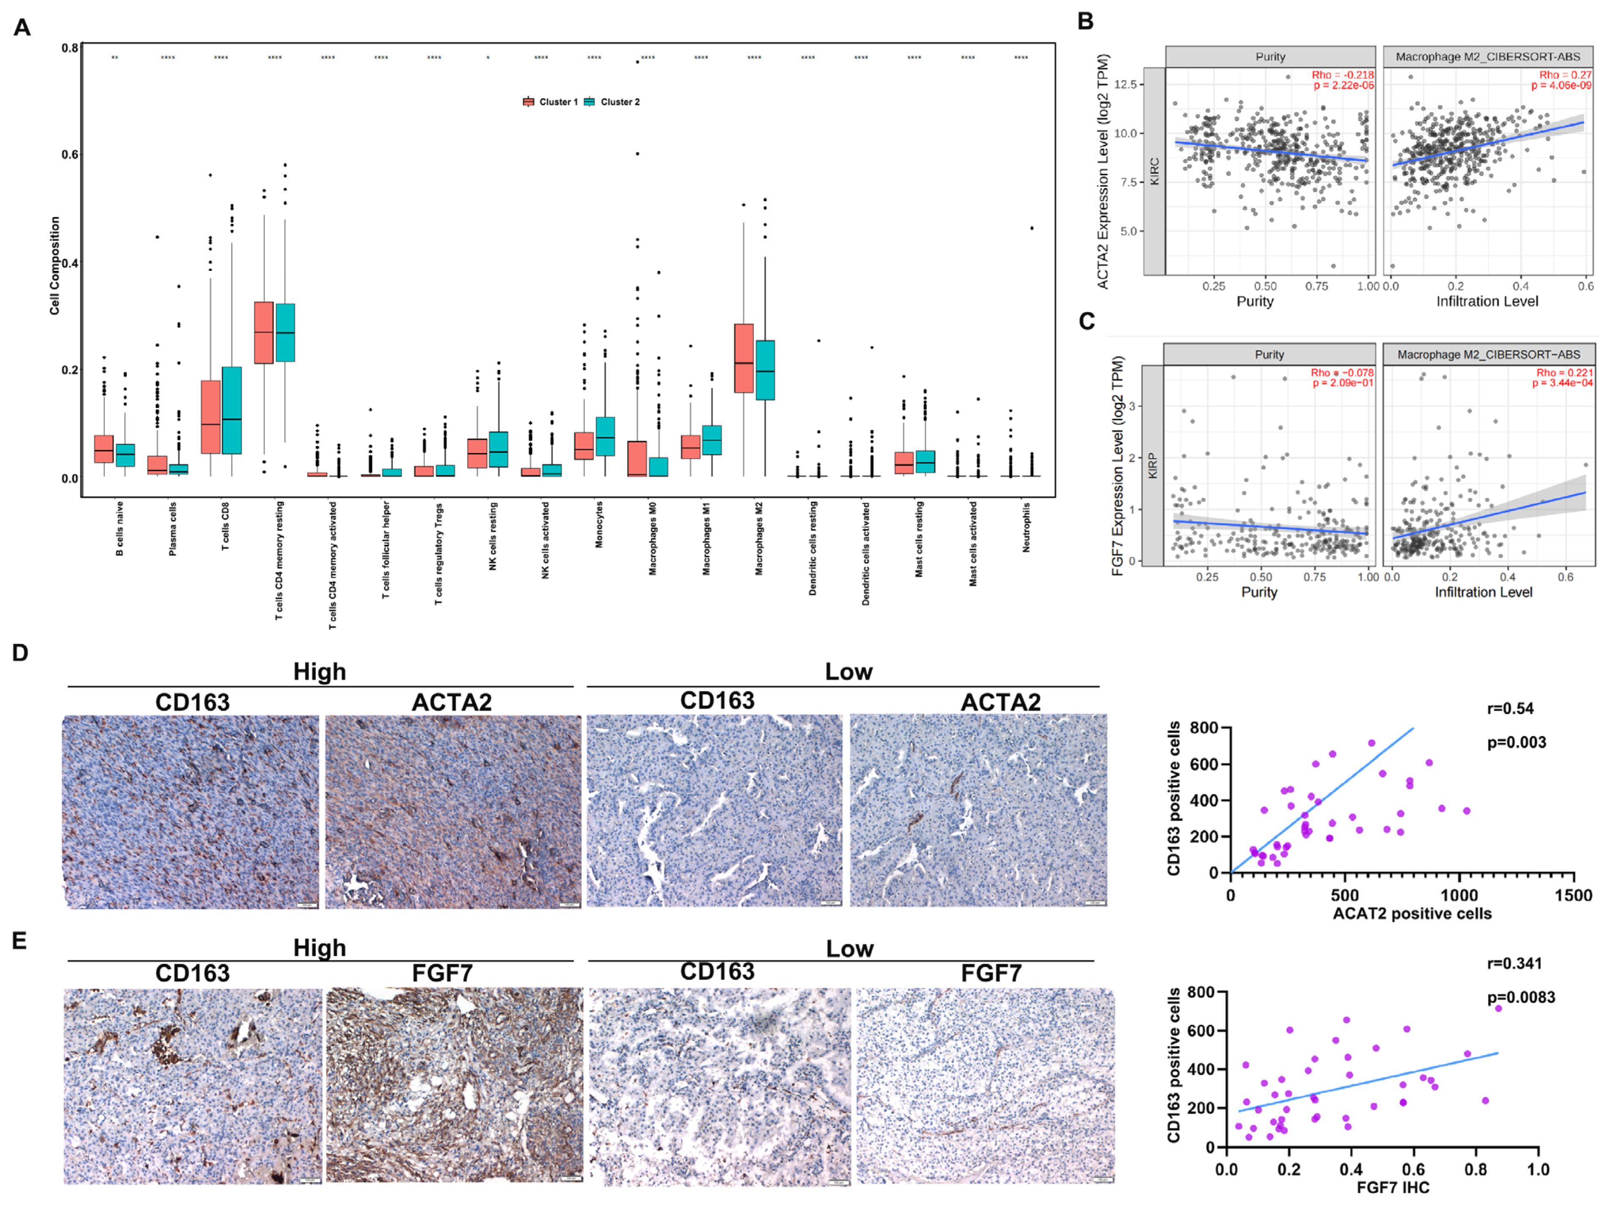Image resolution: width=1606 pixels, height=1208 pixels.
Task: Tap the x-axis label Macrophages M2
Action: (759, 539)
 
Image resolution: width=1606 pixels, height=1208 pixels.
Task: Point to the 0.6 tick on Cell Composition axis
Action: (70, 154)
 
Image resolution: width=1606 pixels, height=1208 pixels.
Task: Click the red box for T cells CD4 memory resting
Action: (264, 333)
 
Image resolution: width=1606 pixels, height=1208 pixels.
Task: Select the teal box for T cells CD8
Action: (231, 410)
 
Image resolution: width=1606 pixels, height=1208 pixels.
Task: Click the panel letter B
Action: (1085, 21)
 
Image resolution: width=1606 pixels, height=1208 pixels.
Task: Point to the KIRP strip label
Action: (1152, 465)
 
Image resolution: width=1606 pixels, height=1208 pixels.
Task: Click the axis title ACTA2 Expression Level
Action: (1103, 171)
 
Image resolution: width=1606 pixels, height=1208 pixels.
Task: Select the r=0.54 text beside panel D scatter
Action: (1510, 709)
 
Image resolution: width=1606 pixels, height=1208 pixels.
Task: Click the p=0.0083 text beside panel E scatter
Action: (1521, 998)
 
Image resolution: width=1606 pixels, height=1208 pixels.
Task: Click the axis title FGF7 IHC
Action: (1393, 1188)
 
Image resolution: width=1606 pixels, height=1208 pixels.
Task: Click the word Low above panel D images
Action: (848, 672)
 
